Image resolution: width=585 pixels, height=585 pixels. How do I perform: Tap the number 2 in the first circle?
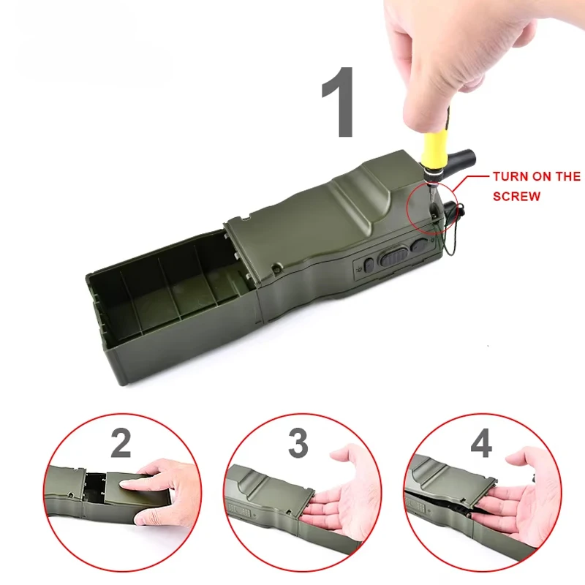pyautogui.click(x=121, y=444)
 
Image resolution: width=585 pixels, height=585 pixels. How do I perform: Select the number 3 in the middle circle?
pyautogui.click(x=298, y=444)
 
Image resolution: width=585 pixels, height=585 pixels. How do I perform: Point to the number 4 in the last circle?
pyautogui.click(x=480, y=444)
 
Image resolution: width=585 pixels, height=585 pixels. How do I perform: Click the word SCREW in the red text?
pyautogui.click(x=517, y=197)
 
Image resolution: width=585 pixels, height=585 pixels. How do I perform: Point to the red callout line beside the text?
pyautogui.click(x=475, y=176)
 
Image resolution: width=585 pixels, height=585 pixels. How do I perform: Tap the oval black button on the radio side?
pyautogui.click(x=394, y=257)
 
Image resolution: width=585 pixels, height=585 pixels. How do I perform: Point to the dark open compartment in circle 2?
pyautogui.click(x=95, y=486)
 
